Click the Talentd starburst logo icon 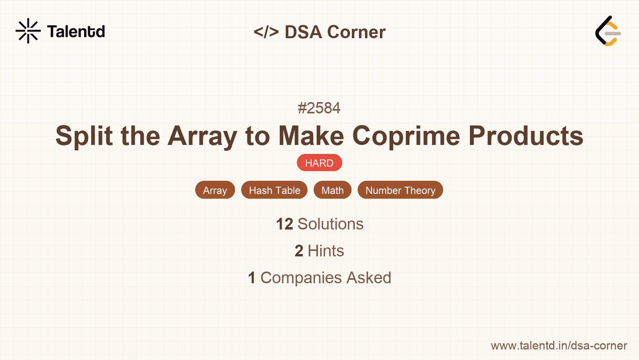coord(28,31)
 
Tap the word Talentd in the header coord(76,32)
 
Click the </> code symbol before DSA coord(266,32)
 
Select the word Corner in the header coord(356,32)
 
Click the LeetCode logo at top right coord(608,31)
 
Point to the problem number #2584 coord(319,108)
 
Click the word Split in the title coord(84,136)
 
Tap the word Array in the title coord(202,136)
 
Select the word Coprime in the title coord(406,136)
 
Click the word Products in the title coord(526,136)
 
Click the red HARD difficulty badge coord(319,163)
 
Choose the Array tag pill coord(215,190)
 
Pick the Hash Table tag coord(274,190)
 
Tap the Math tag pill coord(332,190)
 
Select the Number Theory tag coord(400,190)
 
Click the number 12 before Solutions coord(284,224)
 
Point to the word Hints coord(326,251)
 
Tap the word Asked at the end coord(369,278)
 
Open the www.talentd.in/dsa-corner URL coord(559,346)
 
